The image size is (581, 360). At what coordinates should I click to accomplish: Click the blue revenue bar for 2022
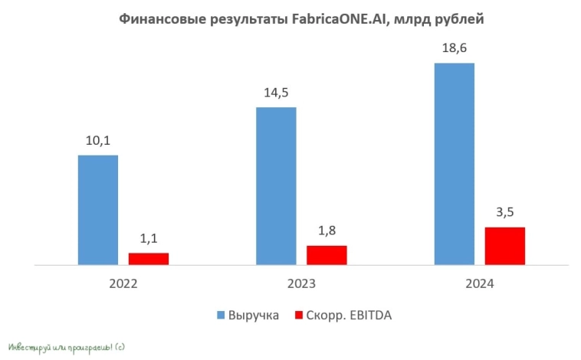[98, 210]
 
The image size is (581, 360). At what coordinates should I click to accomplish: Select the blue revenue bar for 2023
[276, 186]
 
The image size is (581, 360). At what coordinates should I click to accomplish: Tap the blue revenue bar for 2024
[455, 164]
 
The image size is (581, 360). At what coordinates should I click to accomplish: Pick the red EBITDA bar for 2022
[149, 259]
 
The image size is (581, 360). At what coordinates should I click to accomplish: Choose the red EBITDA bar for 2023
[327, 255]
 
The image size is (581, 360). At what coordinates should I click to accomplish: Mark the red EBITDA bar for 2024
[505, 246]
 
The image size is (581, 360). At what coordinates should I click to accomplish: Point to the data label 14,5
[276, 93]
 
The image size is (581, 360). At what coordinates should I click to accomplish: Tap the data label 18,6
[455, 48]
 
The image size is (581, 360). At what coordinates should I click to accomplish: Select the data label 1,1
[149, 238]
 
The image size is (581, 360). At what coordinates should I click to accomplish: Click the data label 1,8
[327, 231]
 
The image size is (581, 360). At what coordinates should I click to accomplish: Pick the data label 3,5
[505, 212]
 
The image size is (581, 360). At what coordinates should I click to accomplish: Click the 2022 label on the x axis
[123, 283]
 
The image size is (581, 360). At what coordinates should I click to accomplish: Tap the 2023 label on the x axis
[301, 283]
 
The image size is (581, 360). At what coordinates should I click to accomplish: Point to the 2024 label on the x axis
[480, 283]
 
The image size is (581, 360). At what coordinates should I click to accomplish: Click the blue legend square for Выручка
[221, 315]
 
